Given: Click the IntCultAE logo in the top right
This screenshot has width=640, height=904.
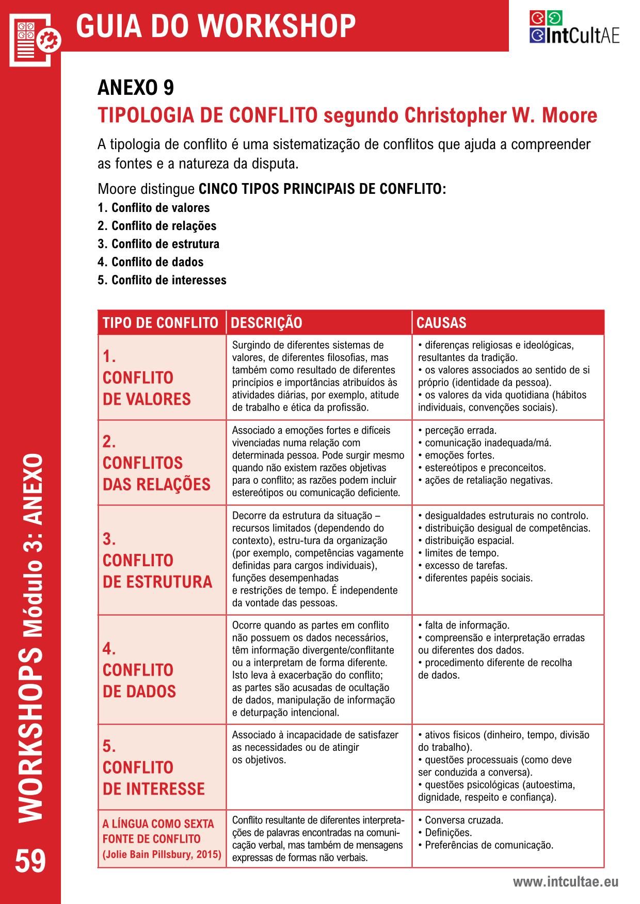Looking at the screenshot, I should (574, 27).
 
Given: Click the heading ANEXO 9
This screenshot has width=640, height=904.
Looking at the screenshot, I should (136, 88).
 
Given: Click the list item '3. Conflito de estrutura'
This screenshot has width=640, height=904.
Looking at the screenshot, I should (158, 244).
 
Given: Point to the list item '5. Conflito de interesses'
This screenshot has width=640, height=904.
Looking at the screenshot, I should (162, 280).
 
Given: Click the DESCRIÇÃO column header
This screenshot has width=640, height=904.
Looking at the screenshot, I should (266, 323).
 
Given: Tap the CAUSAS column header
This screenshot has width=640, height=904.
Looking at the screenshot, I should (441, 323).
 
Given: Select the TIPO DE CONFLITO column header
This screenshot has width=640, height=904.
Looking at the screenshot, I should (161, 323).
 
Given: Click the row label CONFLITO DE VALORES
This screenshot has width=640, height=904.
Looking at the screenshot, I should (147, 388).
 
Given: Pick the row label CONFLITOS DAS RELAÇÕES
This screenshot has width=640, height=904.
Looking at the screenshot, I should (156, 473).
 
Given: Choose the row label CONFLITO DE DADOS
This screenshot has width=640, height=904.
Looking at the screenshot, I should (139, 680).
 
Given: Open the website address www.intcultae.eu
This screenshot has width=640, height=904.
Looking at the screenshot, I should (565, 882).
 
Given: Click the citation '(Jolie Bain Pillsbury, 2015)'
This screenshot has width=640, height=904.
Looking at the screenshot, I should (162, 854).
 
